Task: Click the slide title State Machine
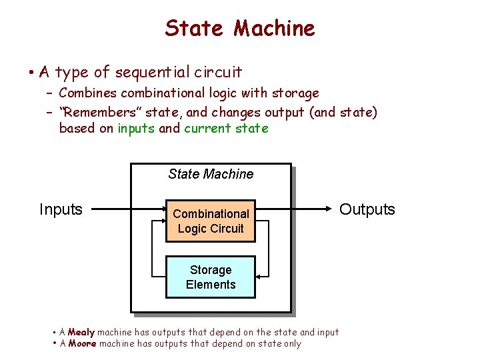[x=239, y=28]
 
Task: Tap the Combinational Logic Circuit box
[x=211, y=221]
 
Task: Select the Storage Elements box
[x=211, y=277]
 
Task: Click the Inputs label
[x=61, y=209]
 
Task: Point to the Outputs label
[x=367, y=209]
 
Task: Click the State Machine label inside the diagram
[x=211, y=174]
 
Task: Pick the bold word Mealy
[x=82, y=332]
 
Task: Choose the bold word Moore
[x=83, y=344]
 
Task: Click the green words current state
[x=226, y=128]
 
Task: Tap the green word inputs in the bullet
[x=137, y=128]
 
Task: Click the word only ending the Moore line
[x=291, y=344]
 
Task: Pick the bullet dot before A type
[x=32, y=71]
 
